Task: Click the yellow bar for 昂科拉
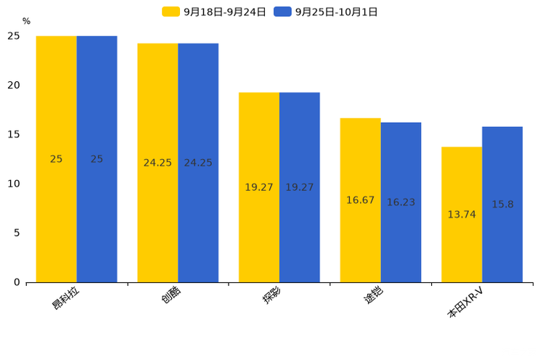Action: click(56, 159)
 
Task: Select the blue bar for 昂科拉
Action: click(97, 159)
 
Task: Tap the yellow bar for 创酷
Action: click(157, 163)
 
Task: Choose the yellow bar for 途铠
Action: click(360, 200)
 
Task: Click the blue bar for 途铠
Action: click(401, 202)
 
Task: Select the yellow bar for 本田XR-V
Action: click(462, 215)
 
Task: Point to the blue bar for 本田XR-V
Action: click(502, 205)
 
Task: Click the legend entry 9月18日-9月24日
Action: click(215, 12)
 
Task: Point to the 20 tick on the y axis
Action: click(14, 85)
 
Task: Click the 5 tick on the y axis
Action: click(17, 233)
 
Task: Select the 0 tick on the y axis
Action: click(17, 282)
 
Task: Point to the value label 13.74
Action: click(462, 215)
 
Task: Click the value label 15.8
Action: click(502, 205)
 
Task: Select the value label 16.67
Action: click(360, 200)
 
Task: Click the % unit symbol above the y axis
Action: click(26, 22)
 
